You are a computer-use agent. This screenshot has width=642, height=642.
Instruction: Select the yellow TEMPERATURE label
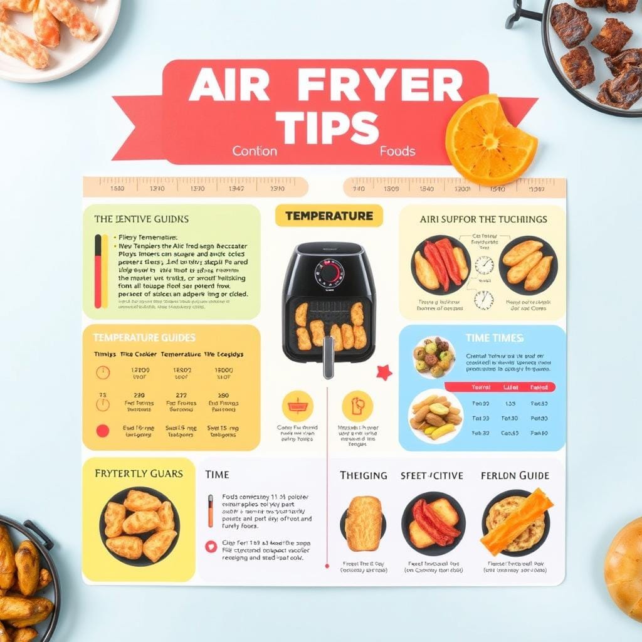tap(329, 216)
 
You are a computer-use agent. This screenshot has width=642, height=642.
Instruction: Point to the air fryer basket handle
tap(328, 357)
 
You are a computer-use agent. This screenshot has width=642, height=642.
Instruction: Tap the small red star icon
tap(384, 372)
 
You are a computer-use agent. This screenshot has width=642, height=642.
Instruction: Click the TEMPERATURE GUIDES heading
tap(144, 337)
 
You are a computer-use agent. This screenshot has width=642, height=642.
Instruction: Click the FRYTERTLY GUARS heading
tap(139, 473)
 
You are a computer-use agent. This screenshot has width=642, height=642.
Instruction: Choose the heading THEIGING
tap(363, 475)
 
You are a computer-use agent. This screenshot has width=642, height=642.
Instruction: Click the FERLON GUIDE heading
tap(515, 475)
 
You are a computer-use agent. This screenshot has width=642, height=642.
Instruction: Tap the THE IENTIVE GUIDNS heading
tap(142, 219)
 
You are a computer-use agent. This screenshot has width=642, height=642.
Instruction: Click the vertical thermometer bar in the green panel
tap(98, 271)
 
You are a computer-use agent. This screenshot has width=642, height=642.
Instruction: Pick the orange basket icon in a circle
tap(298, 405)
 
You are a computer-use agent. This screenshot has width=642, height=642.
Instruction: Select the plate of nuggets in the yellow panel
tap(139, 525)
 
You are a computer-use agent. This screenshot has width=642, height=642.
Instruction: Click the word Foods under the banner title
tap(397, 151)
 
